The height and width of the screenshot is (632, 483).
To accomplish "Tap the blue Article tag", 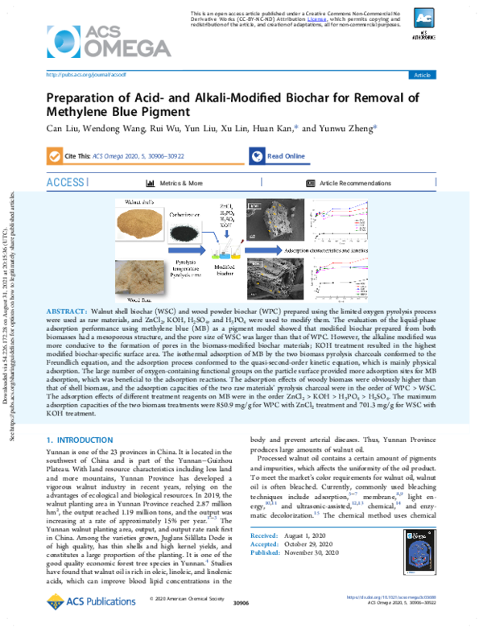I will [421, 75].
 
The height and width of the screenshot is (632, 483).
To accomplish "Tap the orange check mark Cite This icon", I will [54, 156].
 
